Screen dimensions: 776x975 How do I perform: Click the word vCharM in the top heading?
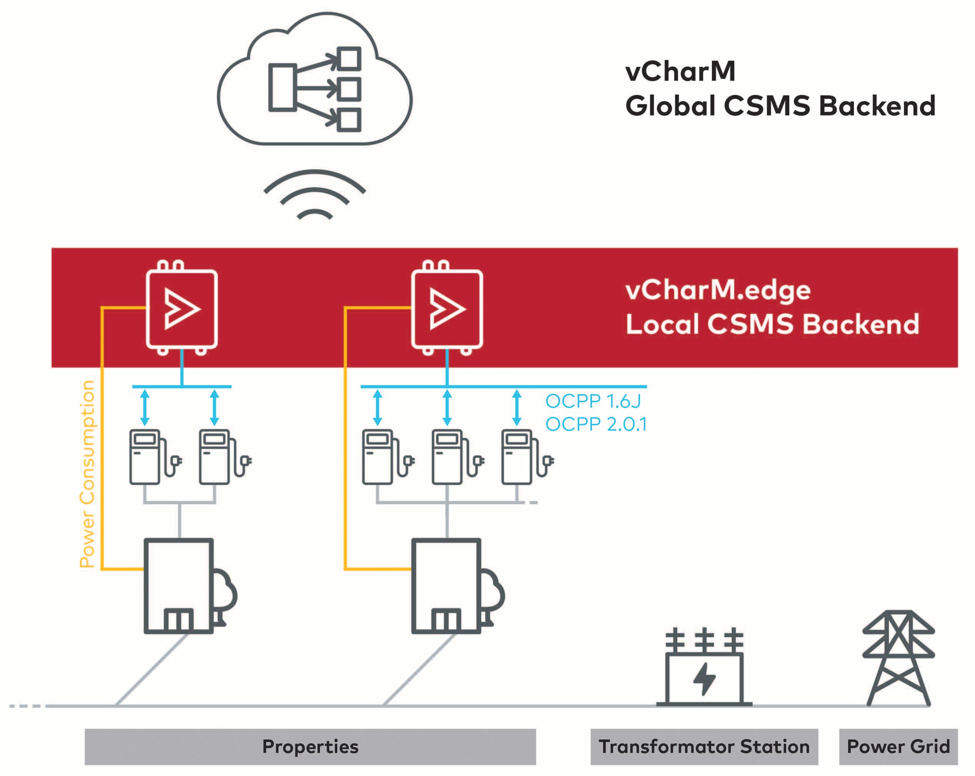680,72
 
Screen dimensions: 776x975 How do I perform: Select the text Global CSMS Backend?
780,106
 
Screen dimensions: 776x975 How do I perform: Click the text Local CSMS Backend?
772,324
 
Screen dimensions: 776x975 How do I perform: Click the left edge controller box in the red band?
182,309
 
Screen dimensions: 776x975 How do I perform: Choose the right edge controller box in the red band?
447,309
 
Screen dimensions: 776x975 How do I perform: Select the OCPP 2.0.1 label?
596,424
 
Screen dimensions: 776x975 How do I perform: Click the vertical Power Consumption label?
87,474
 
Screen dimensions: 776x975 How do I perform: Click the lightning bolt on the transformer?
704,678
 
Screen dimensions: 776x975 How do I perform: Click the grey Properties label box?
310,747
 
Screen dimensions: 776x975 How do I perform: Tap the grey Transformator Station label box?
704,747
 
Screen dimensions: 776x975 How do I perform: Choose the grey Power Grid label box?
898,747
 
